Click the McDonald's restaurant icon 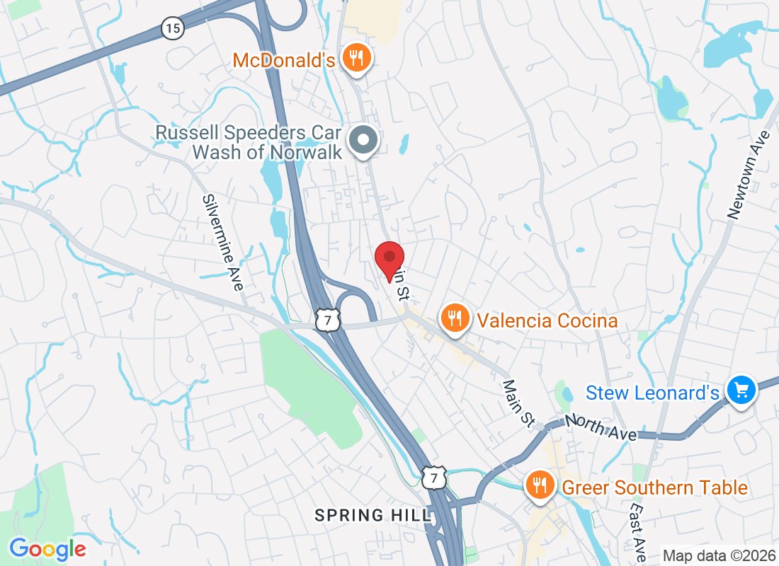click(x=356, y=58)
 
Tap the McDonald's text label click(x=283, y=60)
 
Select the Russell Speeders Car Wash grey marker click(x=364, y=140)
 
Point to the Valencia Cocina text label click(x=547, y=320)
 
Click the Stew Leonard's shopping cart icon click(x=741, y=389)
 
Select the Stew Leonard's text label click(x=653, y=393)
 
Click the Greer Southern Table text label click(x=654, y=487)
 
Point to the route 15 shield click(x=172, y=28)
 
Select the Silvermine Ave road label click(x=222, y=242)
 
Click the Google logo click(x=48, y=549)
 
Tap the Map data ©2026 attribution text click(x=717, y=555)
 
